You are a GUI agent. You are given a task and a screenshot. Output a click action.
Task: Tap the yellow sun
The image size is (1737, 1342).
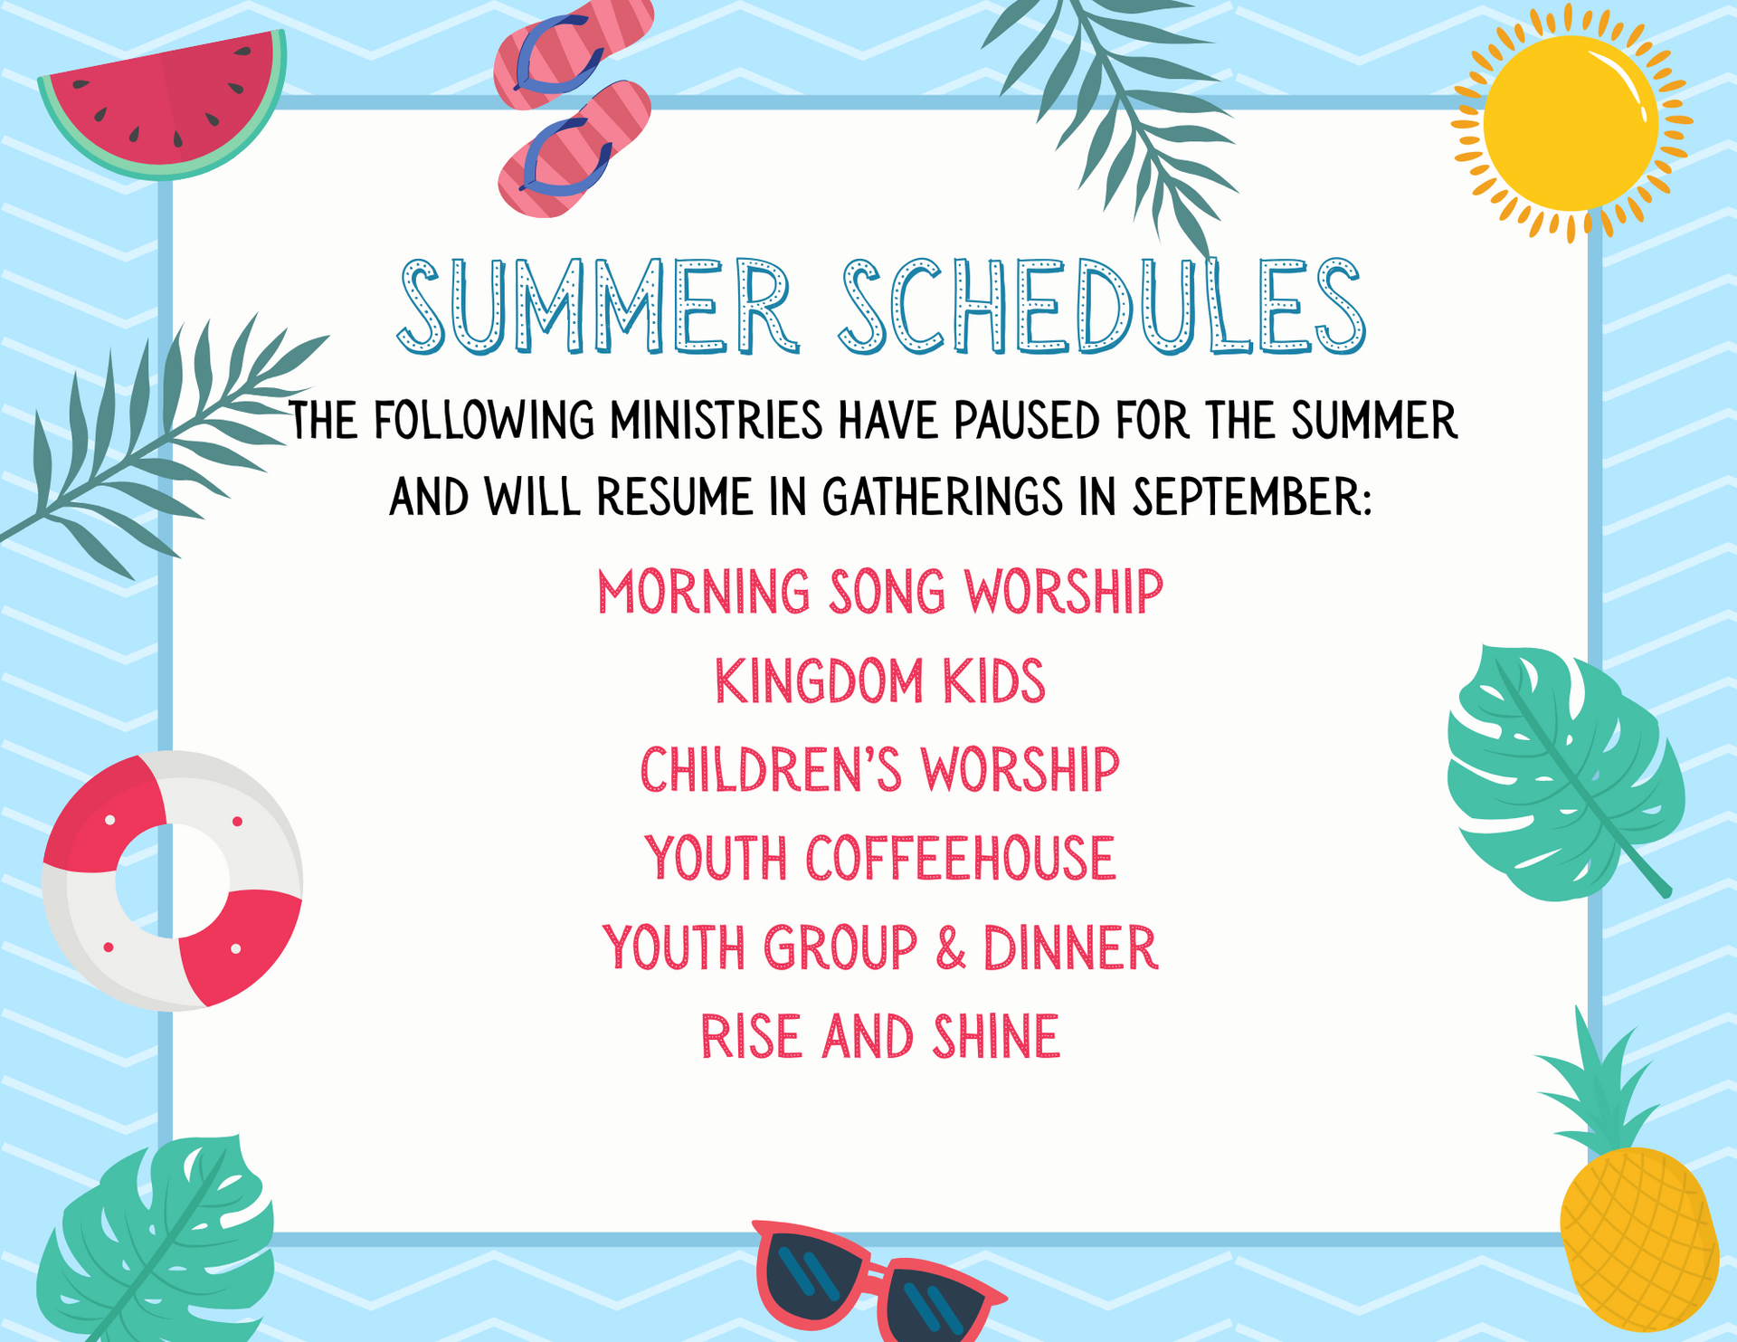[x=1571, y=123]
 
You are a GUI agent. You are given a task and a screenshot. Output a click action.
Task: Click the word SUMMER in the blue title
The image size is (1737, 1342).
[x=598, y=306]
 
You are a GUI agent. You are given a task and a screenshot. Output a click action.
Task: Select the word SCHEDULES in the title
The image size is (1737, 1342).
[x=1102, y=306]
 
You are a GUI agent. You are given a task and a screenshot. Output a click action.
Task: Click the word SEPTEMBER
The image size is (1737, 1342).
[x=1253, y=497]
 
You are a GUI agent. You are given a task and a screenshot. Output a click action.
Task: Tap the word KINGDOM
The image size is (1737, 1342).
[x=818, y=681]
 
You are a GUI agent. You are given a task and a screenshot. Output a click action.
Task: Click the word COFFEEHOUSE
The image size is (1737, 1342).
[x=961, y=858]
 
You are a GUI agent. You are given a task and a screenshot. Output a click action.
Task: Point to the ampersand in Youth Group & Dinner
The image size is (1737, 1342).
[x=950, y=947]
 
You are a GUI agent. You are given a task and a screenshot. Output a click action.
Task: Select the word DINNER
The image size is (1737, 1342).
[x=1070, y=947]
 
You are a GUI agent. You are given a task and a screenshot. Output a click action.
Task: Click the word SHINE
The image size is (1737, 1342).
[x=996, y=1037]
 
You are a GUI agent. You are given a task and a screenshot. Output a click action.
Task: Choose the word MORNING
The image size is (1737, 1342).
[x=704, y=592]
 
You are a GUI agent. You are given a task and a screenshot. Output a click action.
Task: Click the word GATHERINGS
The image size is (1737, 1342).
[x=942, y=497]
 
